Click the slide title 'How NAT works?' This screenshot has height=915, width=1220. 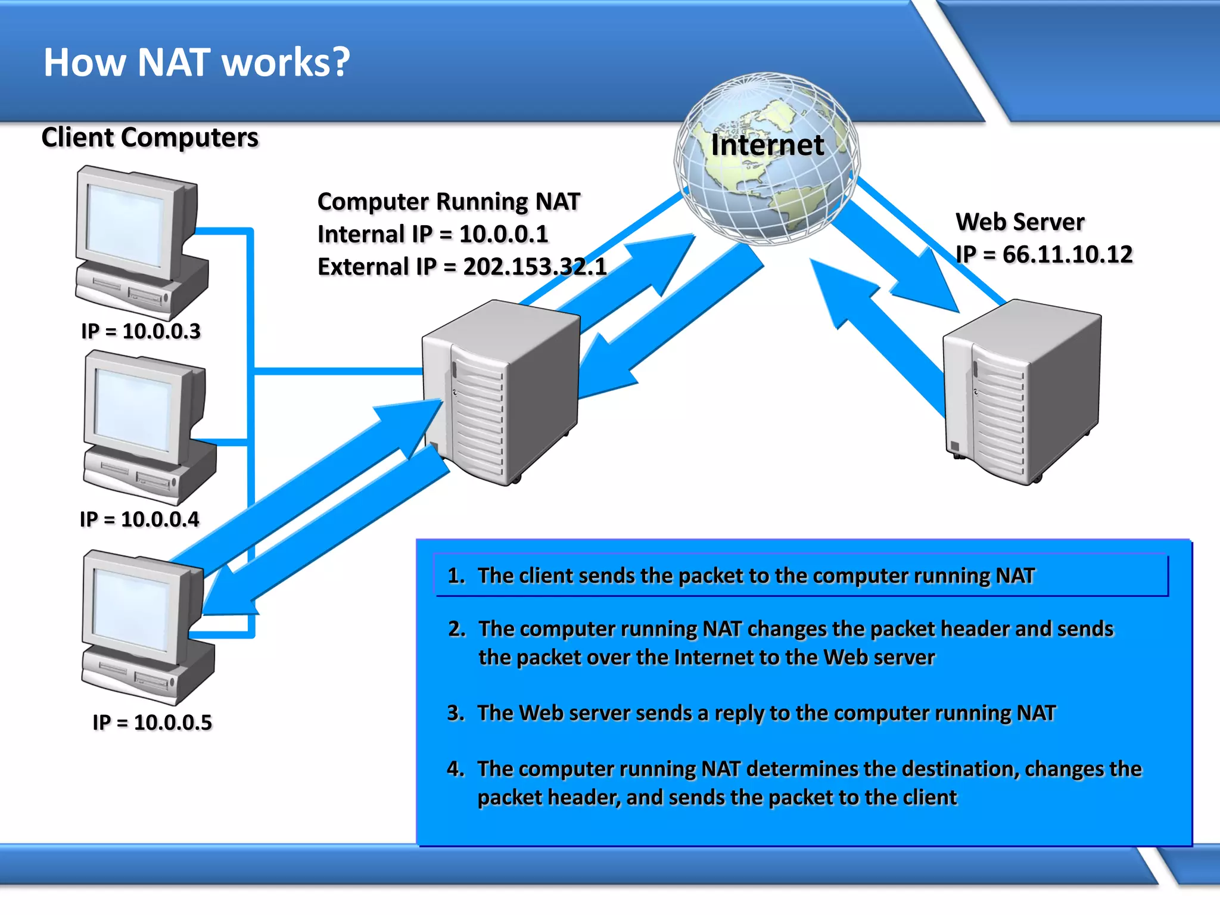pyautogui.click(x=197, y=63)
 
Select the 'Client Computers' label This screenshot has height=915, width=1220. pyautogui.click(x=150, y=138)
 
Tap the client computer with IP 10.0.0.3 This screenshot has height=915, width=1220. pyautogui.click(x=140, y=241)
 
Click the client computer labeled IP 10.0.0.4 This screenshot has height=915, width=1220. pyautogui.click(x=148, y=426)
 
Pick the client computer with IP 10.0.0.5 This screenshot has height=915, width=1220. pyautogui.click(x=146, y=625)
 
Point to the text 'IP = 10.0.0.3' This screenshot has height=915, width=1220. pyautogui.click(x=141, y=331)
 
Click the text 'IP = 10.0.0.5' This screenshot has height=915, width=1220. pyautogui.click(x=152, y=723)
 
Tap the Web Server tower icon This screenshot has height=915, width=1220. pyautogui.click(x=1022, y=390)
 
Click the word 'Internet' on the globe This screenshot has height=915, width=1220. pyautogui.click(x=767, y=145)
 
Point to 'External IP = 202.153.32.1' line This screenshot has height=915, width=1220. pyautogui.click(x=462, y=267)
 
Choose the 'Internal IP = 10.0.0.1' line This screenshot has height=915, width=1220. pyautogui.click(x=432, y=234)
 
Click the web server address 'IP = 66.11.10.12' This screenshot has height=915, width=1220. pyautogui.click(x=1044, y=254)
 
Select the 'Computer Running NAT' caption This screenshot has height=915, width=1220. pyautogui.click(x=449, y=202)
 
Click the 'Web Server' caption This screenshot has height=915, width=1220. pyautogui.click(x=1020, y=222)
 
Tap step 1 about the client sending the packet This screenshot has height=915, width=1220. pyautogui.click(x=755, y=575)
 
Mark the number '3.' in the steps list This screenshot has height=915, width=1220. pyautogui.click(x=456, y=713)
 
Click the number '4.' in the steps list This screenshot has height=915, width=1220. pyautogui.click(x=456, y=769)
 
